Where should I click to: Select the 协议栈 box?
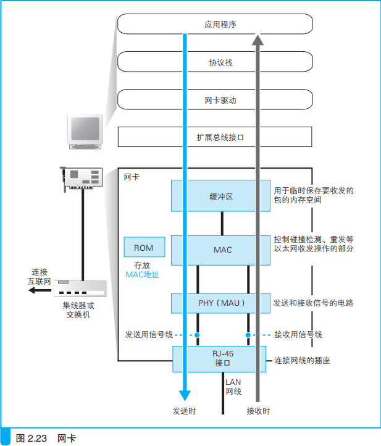220,62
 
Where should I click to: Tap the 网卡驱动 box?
220,100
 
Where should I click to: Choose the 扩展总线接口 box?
220,137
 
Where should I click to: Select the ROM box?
143,248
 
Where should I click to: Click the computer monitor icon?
85,130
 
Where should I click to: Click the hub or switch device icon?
80,290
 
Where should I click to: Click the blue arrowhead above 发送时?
184,393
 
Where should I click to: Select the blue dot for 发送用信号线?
198,335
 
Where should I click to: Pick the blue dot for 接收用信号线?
248,335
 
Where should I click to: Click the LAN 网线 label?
233,387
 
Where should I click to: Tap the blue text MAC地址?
142,274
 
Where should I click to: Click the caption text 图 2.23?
29,438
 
